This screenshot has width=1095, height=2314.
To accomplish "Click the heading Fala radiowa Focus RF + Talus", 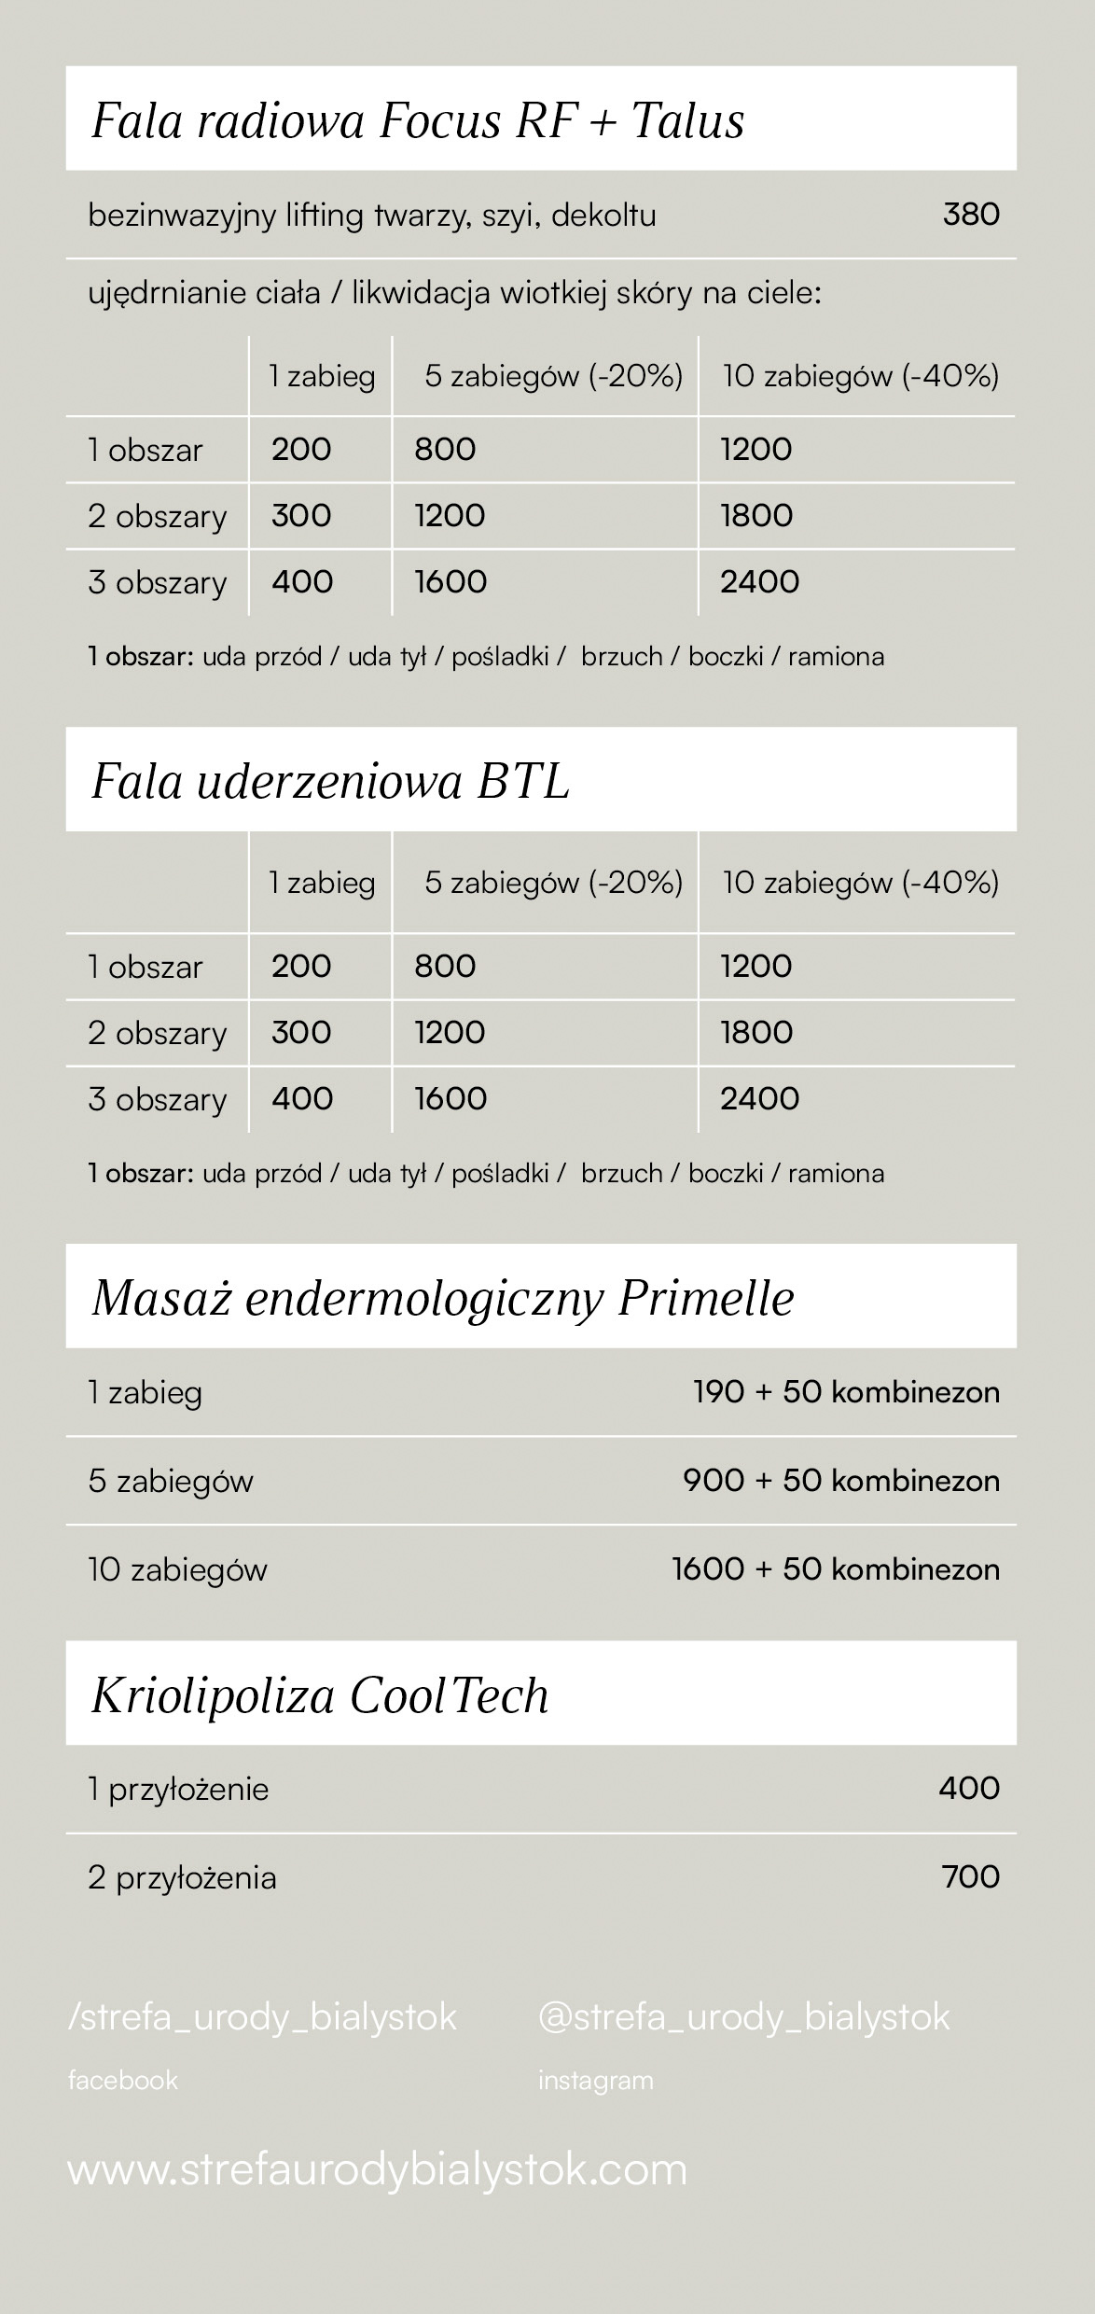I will tap(418, 121).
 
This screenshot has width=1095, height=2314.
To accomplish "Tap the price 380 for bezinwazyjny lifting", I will tap(971, 215).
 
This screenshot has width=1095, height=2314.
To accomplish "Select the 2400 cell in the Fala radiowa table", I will tap(759, 581).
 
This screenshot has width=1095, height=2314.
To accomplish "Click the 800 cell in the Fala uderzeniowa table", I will tap(445, 966).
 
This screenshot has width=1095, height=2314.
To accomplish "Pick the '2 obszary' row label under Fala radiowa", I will tap(157, 516).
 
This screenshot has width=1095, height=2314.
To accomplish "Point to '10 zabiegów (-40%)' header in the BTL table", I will tap(860, 883).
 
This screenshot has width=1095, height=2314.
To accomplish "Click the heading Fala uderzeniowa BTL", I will tap(330, 782).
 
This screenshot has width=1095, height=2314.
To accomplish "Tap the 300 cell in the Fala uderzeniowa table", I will tap(301, 1032).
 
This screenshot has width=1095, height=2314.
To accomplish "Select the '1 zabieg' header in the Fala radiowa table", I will tap(322, 376).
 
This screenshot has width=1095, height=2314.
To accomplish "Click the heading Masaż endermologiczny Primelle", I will tap(443, 1298).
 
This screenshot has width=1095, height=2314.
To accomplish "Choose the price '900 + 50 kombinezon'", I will tap(840, 1481).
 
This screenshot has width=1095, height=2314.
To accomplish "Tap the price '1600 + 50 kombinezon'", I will tap(835, 1569).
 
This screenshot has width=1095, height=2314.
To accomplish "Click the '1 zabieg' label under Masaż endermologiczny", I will tap(145, 1393).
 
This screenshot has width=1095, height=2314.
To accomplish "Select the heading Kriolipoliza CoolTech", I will tap(320, 1695).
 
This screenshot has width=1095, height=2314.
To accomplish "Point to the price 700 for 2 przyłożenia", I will tap(971, 1876).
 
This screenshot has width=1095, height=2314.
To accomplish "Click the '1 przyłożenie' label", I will tap(178, 1789).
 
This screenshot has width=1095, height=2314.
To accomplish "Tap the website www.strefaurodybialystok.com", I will tap(377, 2169).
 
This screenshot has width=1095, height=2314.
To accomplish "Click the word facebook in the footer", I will tap(122, 2080).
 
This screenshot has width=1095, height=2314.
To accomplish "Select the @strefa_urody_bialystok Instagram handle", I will tap(743, 2017).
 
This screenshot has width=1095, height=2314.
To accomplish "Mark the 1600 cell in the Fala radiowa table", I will tap(450, 581).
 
